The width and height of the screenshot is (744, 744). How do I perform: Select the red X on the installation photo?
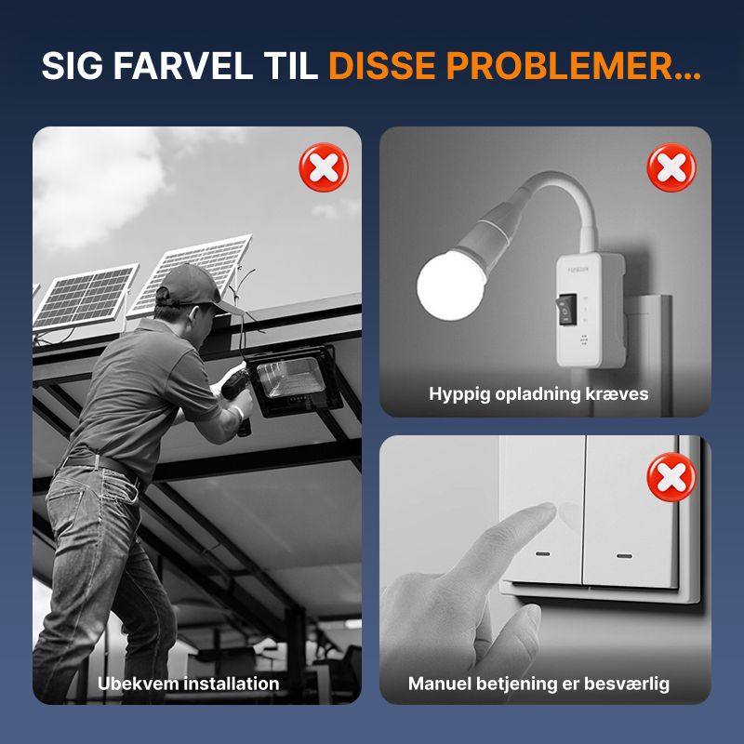(x=324, y=167)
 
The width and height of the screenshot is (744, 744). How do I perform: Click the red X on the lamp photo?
(x=671, y=167)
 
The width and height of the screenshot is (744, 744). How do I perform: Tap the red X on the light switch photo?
(x=671, y=477)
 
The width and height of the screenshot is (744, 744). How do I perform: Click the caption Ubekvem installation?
(x=189, y=684)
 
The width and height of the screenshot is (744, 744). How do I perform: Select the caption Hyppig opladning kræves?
(x=538, y=393)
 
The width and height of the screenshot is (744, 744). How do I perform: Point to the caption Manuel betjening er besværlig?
(x=538, y=684)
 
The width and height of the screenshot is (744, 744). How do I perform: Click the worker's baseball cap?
(x=193, y=285)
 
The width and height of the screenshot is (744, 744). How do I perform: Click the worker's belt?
(x=98, y=462)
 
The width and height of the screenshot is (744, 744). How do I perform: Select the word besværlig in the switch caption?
(x=632, y=684)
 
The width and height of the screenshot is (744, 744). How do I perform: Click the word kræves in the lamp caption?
(x=621, y=393)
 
